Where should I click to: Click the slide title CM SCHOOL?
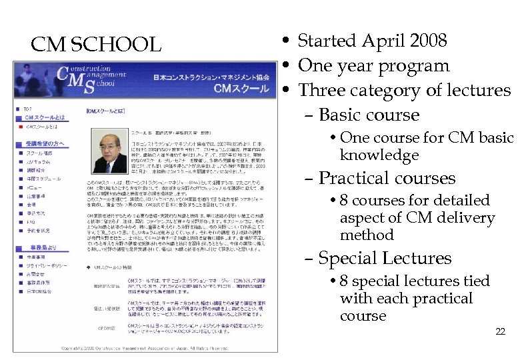coord(96,45)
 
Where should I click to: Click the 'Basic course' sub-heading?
coord(369,115)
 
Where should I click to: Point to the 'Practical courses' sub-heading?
coord(387,178)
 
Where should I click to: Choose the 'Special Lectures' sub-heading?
coord(385,258)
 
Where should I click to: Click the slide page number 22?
coord(500,331)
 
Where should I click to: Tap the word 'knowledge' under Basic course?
coord(379,155)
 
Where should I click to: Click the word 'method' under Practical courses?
coord(367,235)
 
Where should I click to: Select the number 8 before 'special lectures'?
coord(345,281)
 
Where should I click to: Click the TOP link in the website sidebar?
coord(27,109)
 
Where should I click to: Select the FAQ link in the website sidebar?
coord(29,221)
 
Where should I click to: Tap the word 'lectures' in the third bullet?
coord(475,90)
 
